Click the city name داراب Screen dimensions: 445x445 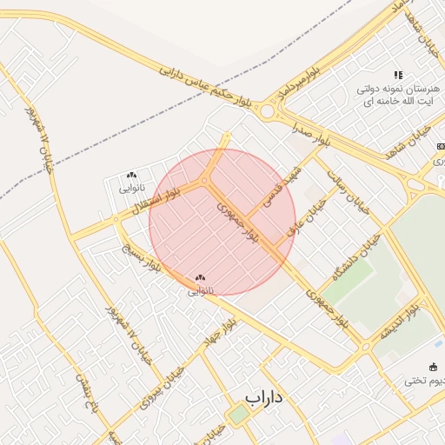click(x=264, y=398)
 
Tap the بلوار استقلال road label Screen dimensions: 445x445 click(x=156, y=199)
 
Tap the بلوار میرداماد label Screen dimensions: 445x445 click(x=301, y=80)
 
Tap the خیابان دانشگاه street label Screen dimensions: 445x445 click(x=357, y=257)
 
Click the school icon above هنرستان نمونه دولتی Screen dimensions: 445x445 click(x=398, y=76)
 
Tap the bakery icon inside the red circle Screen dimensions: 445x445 click(x=201, y=277)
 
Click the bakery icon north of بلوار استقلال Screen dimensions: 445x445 click(x=131, y=176)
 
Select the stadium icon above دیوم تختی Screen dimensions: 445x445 click(x=434, y=367)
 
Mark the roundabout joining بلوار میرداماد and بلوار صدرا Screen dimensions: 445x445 click(x=267, y=111)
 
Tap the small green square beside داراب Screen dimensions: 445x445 click(x=238, y=415)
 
